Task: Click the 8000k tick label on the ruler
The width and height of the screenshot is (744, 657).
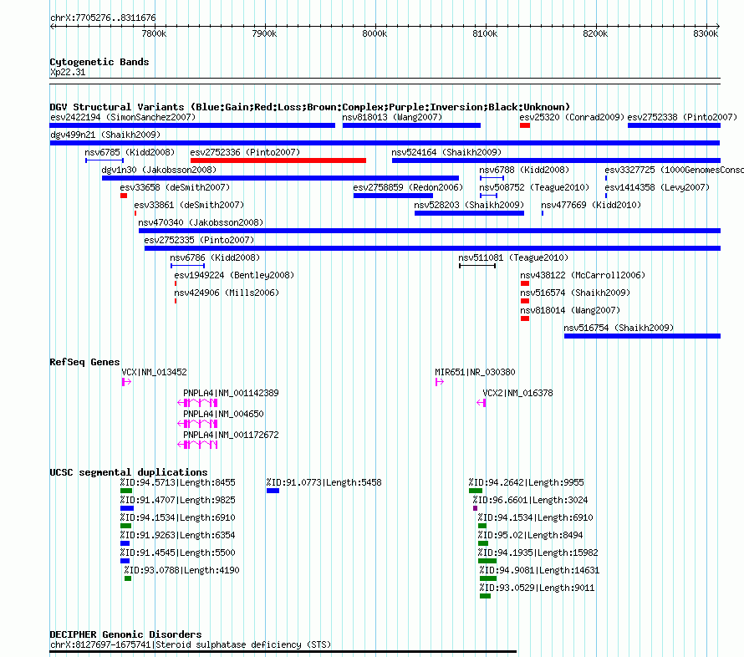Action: coord(375,33)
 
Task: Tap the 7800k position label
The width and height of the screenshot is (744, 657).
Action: coord(154,33)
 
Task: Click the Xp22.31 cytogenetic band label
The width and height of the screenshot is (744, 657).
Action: coord(68,72)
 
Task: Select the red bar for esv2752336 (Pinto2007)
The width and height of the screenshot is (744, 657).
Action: coord(278,160)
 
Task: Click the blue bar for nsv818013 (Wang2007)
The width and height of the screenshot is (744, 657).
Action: coord(411,125)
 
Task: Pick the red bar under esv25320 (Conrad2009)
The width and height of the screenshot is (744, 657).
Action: coord(525,125)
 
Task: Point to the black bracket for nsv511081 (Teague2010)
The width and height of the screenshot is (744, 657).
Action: coord(477,266)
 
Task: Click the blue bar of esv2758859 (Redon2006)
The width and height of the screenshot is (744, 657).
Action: coord(394,196)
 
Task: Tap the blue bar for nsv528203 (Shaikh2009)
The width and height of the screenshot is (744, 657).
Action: coord(469,213)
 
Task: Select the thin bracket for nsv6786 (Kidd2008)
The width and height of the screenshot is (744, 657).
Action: coord(187,266)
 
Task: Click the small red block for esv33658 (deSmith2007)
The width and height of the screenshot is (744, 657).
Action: coord(124,196)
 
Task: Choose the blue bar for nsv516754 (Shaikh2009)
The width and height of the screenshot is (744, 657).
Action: coord(643,336)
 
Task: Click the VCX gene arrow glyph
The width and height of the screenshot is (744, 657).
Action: coord(126,382)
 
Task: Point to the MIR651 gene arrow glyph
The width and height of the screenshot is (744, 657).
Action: coord(440,382)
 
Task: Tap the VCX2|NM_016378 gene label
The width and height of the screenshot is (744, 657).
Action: coord(517,393)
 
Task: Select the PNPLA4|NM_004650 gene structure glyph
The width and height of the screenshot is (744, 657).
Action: coord(197,424)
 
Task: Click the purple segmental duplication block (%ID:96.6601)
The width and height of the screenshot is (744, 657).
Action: coord(475,508)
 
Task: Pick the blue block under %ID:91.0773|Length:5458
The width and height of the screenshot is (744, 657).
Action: coord(273,491)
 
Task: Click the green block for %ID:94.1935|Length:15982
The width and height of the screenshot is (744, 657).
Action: coord(487,561)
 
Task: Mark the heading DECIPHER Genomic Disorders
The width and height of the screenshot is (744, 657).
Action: coord(125,634)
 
